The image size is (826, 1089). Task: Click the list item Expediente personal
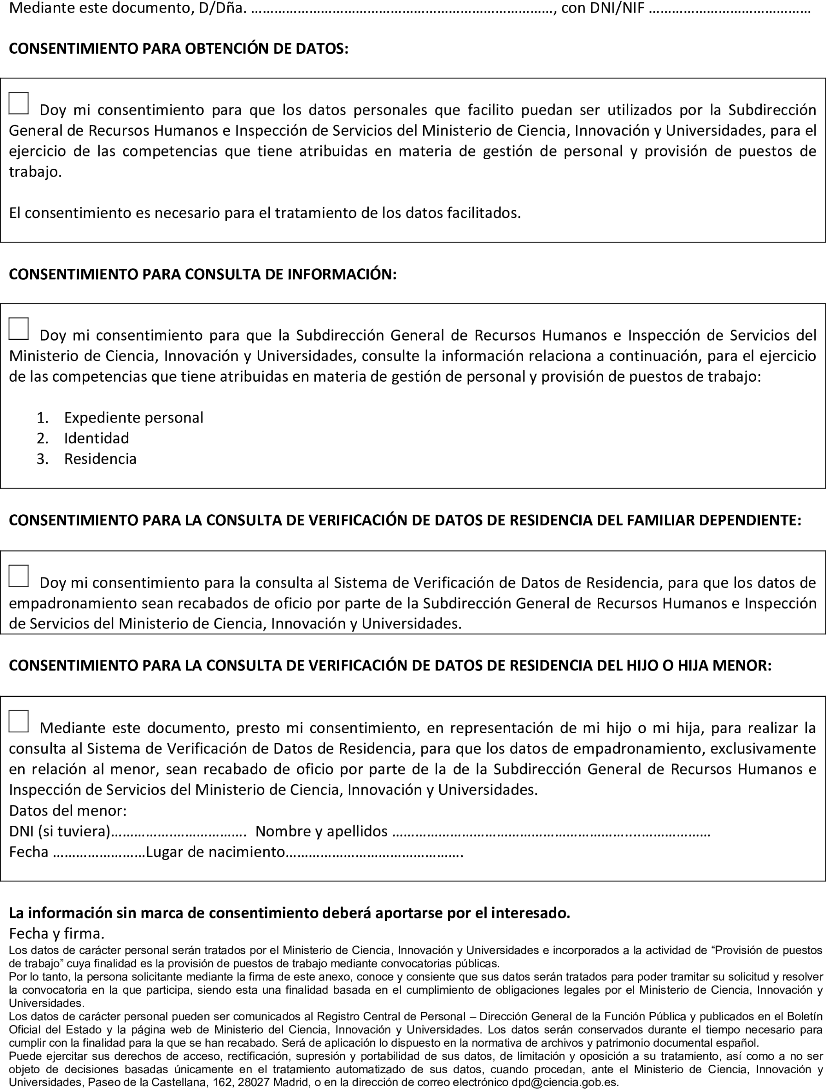[133, 417]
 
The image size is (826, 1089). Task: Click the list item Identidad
[96, 438]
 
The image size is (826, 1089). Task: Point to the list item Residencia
[100, 459]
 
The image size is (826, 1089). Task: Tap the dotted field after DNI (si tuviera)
[178, 832]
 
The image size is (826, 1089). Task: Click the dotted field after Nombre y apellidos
[551, 832]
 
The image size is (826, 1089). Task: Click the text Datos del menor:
[68, 810]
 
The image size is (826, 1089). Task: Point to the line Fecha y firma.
[56, 933]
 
